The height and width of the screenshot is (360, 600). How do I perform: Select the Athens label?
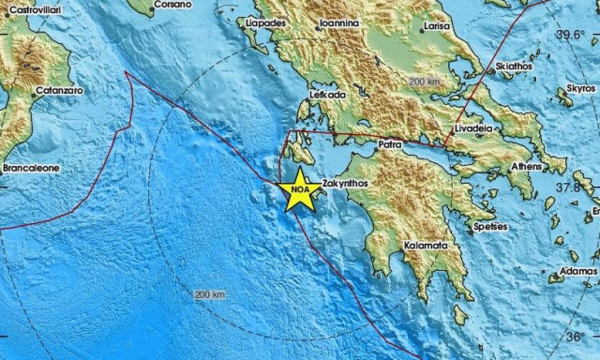[x=525, y=167]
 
